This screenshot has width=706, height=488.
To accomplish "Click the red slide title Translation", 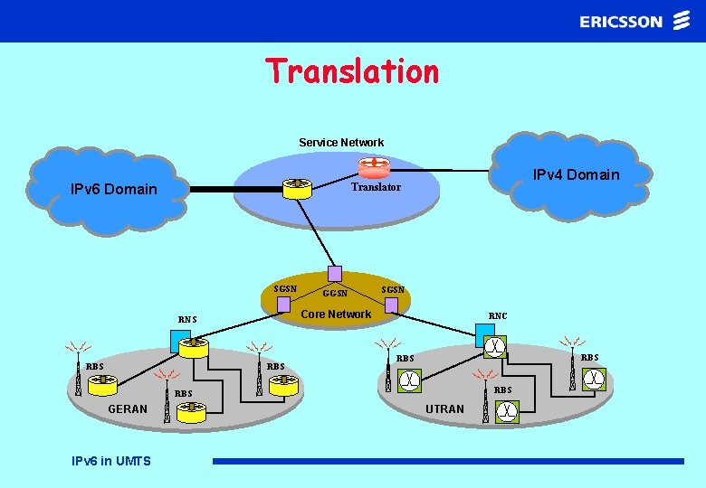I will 351,71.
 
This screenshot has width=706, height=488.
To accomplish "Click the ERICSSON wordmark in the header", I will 621,21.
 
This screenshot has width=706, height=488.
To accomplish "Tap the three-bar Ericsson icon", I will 682,21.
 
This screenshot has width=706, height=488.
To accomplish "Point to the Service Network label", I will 341,143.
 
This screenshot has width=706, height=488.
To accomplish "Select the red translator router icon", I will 372,167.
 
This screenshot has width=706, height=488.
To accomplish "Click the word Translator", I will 376,187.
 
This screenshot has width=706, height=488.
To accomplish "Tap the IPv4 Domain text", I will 576,174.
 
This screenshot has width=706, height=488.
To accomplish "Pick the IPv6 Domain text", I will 114,190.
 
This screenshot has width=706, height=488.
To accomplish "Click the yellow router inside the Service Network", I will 296,188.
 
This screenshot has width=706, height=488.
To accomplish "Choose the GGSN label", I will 335,293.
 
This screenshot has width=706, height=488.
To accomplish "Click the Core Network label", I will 336,314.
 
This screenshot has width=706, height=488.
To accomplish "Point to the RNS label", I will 187,319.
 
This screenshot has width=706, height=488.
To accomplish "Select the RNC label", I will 498,315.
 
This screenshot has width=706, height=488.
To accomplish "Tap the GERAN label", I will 128,409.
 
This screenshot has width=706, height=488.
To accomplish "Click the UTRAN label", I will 444,409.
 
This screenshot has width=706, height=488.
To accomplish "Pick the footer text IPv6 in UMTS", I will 111,461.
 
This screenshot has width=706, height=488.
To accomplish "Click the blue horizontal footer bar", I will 448,461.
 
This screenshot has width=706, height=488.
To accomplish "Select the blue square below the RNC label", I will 480,335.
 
